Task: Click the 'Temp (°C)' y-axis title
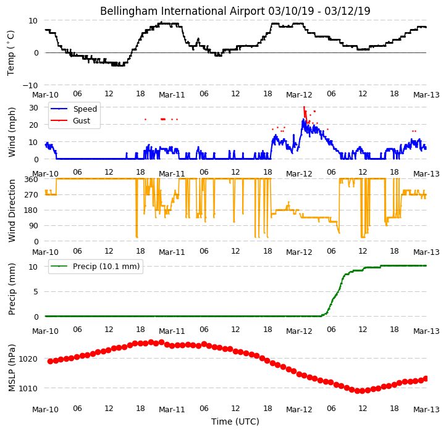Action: pos(11,53)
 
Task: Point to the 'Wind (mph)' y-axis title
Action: pos(12,132)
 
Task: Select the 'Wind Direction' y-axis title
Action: pos(12,210)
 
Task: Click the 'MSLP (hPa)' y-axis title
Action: pos(12,368)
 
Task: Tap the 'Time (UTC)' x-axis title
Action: pos(235,421)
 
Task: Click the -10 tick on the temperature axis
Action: pos(30,85)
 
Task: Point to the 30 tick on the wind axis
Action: pos(33,108)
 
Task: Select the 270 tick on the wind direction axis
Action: pos(32,195)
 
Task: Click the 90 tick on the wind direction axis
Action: pos(33,226)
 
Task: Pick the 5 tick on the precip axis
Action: pos(36,292)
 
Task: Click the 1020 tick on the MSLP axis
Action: pos(28,359)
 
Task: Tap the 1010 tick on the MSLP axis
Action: pos(28,388)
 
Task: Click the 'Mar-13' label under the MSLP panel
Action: pos(426,410)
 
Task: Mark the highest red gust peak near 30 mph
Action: pos(304,107)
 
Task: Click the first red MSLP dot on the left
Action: pos(51,361)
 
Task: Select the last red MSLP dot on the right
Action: pos(426,378)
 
